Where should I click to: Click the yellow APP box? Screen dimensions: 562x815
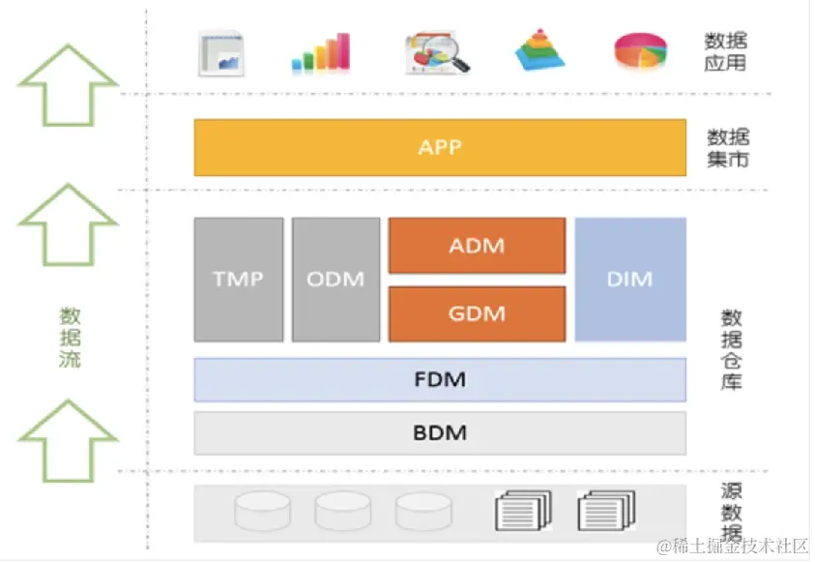440,148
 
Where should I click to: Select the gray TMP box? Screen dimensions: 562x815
238,280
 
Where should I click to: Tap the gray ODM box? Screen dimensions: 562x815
335,280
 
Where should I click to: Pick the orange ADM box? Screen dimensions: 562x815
477,246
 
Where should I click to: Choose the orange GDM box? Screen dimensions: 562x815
477,314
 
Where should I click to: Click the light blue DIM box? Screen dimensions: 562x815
629,280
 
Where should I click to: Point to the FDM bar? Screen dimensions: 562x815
440,379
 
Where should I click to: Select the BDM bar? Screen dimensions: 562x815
440,432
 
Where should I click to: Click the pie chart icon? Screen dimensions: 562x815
640,52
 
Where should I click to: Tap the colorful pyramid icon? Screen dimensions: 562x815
538,51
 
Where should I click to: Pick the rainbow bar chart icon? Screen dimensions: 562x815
321,53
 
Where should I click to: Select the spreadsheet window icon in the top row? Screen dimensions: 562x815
221,53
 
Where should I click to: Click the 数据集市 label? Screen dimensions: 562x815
728,148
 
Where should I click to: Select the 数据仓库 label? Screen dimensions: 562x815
732,349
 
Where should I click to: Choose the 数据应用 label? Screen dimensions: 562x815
726,53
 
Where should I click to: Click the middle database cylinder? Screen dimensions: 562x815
343,510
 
